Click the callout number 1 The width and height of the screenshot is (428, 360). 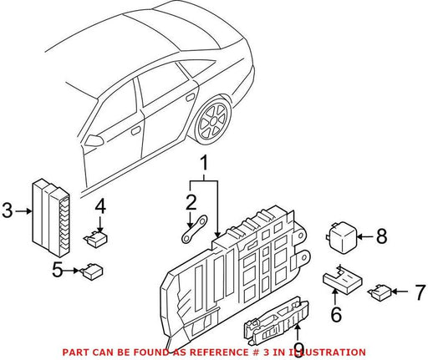click(204, 163)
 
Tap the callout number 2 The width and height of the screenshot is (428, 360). click(191, 202)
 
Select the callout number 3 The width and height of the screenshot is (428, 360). click(8, 210)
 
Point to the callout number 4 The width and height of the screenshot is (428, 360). click(100, 206)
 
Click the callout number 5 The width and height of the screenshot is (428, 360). click(58, 270)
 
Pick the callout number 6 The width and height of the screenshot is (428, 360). click(336, 314)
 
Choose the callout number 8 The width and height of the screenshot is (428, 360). click(381, 236)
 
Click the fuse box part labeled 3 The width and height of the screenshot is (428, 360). click(51, 217)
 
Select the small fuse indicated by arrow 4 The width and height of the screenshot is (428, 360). click(96, 239)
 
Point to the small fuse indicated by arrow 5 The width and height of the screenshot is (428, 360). click(92, 271)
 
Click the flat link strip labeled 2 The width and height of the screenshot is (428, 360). click(195, 230)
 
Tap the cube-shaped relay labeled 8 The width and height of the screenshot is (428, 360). click(341, 237)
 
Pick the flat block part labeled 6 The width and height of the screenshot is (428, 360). click(343, 280)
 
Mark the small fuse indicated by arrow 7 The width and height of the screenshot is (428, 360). click(380, 292)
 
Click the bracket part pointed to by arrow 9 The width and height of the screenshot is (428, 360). click(276, 319)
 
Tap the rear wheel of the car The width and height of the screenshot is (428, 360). click(214, 120)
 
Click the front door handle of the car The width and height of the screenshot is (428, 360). click(136, 130)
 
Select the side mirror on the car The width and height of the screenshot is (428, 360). click(94, 140)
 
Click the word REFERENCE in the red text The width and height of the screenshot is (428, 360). click(218, 352)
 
